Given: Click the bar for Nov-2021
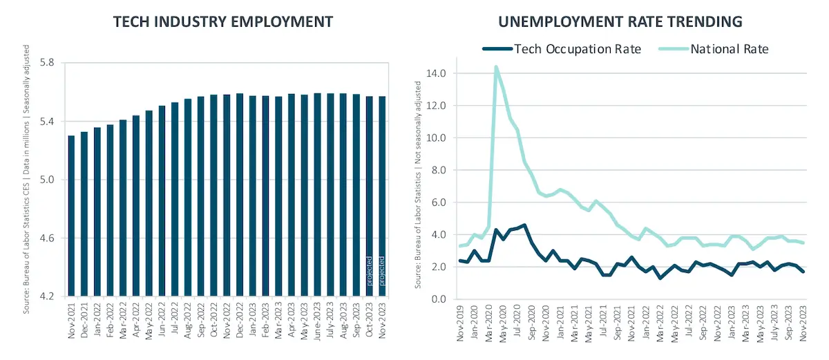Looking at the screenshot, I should click(x=72, y=216).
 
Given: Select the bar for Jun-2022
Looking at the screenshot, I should click(x=162, y=201).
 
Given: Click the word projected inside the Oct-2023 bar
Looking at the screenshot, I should click(x=369, y=270).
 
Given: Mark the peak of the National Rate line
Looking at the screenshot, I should click(x=496, y=67).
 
